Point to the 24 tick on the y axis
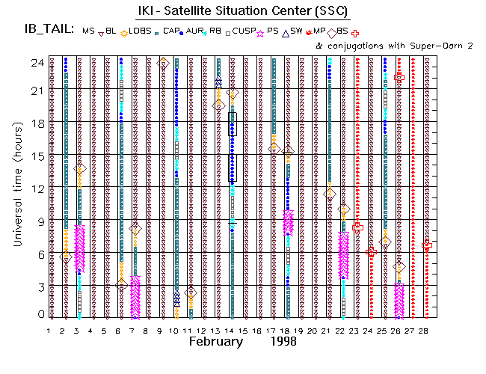[34, 64]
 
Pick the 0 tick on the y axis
[37, 315]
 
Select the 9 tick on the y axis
[37, 221]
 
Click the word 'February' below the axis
[215, 341]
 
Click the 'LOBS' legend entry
[138, 31]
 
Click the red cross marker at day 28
[427, 245]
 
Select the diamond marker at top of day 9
[163, 63]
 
